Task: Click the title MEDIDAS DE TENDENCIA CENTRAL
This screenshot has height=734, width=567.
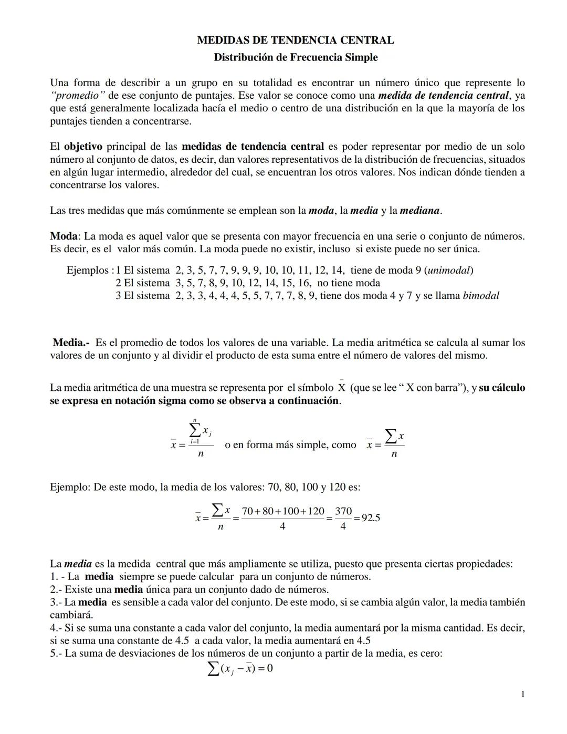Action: pos(295,40)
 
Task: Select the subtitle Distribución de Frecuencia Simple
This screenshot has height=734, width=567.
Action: pos(295,57)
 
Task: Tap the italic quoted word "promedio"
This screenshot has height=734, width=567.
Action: pos(78,96)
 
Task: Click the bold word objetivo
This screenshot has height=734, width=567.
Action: pos(83,147)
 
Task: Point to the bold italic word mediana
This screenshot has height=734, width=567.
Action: pos(419,211)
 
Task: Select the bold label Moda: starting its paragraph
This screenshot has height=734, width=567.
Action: pos(65,236)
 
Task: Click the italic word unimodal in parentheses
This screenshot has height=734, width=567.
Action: pos(449,271)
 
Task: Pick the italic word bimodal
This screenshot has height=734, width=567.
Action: pos(480,296)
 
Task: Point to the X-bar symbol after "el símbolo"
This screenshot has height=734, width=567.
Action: pos(341,387)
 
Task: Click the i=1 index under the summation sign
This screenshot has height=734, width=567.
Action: pos(194,442)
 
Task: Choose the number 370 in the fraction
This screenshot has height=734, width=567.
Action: pos(343,511)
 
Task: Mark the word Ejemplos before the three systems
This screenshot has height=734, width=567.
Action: pos(87,271)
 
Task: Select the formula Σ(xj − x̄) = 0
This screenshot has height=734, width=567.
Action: pos(240,668)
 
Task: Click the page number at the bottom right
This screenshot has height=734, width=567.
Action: pos(522,695)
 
